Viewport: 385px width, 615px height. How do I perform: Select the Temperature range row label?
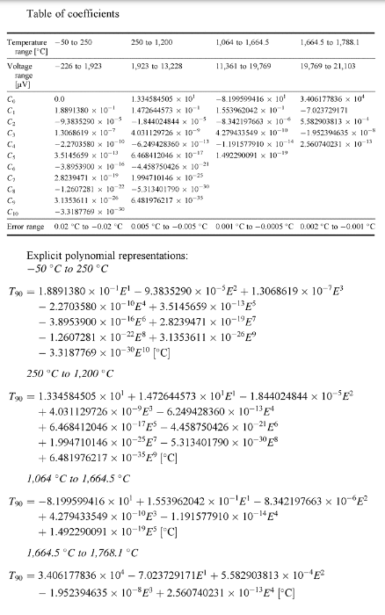pyautogui.click(x=26, y=47)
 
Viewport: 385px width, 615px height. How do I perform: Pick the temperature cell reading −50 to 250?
pyautogui.click(x=74, y=41)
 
